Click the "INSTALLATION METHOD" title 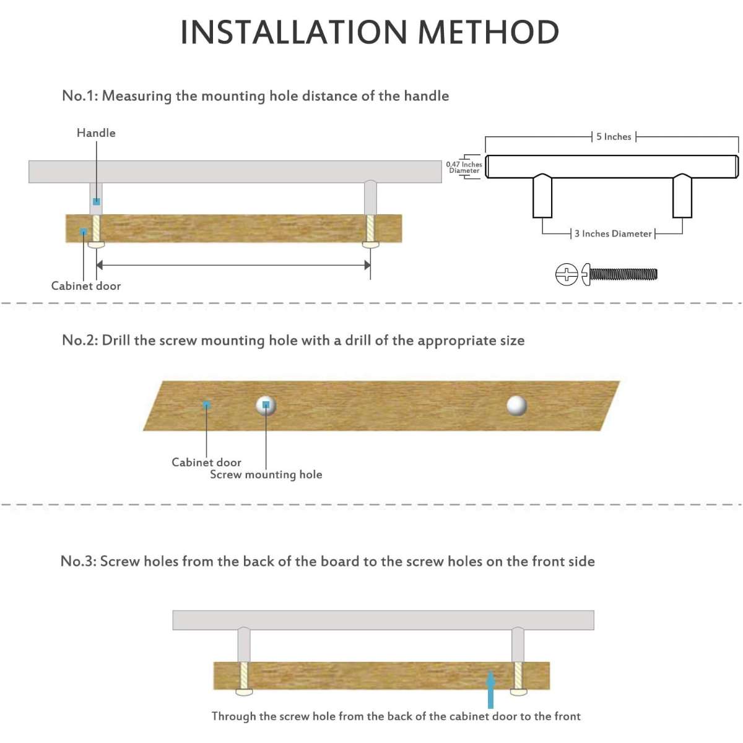tap(370, 32)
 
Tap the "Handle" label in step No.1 tap(96, 133)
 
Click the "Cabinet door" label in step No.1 tap(86, 285)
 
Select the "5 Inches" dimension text tap(614, 136)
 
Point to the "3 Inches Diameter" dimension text tap(613, 233)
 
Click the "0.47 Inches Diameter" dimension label tap(464, 167)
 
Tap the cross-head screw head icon tap(567, 274)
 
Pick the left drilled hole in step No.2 tap(266, 405)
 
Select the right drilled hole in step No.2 tap(516, 405)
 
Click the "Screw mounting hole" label tap(266, 474)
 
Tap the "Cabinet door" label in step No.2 tap(206, 462)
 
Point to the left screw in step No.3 tap(243, 677)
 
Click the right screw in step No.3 tap(518, 677)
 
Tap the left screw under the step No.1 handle tap(96, 230)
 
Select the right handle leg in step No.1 tap(370, 198)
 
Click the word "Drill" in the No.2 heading tap(116, 340)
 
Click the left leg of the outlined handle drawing tap(542, 196)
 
